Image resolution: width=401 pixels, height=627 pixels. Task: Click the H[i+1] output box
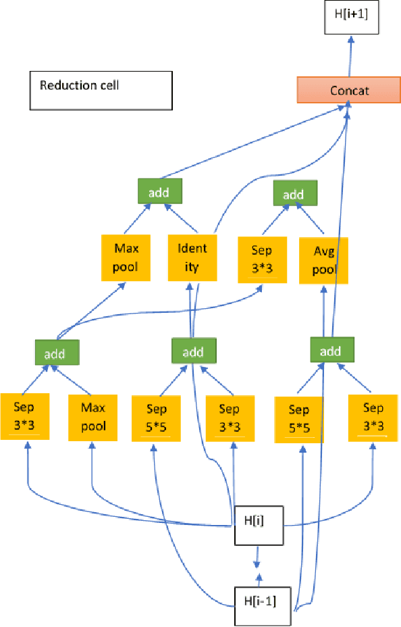coord(350,18)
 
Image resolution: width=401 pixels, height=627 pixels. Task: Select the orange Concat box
coord(349,91)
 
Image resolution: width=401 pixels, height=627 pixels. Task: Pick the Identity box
coord(192,257)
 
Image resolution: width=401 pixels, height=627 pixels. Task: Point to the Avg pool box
coord(323,260)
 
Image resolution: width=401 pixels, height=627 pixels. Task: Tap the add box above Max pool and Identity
coord(159,193)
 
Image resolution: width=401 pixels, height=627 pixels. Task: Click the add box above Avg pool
coord(293,195)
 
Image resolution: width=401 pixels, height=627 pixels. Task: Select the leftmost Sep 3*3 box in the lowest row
coord(25,416)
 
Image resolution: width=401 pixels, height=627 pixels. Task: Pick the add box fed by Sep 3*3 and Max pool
coord(57,353)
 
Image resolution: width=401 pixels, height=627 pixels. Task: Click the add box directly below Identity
coord(193,351)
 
